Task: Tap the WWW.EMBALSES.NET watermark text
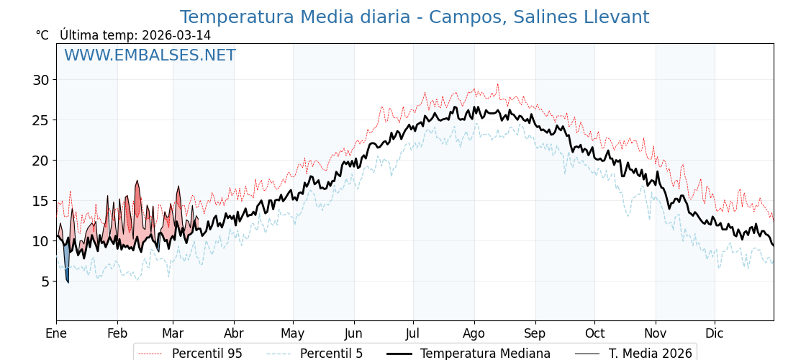click(x=150, y=55)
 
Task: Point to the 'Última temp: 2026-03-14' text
click(x=135, y=35)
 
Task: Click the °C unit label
click(x=42, y=35)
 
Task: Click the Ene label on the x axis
click(x=56, y=333)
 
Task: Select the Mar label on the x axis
click(x=173, y=333)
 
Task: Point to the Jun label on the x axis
click(x=353, y=333)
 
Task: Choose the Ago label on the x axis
click(x=474, y=333)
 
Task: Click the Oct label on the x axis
click(x=594, y=333)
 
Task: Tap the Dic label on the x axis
click(x=715, y=333)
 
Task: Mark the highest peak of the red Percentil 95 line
click(x=497, y=84)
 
